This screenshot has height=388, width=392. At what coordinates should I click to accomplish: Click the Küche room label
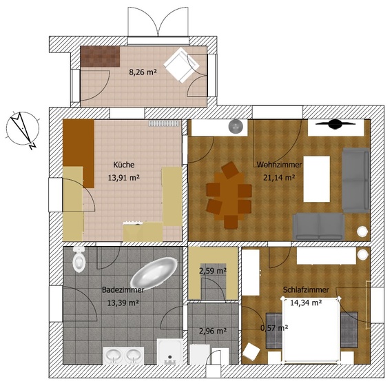pos(124,165)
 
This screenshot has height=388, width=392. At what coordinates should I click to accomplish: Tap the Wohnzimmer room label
pos(279,165)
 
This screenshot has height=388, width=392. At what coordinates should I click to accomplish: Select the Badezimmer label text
pos(123,289)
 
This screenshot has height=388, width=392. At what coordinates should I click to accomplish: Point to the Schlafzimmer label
pos(306,289)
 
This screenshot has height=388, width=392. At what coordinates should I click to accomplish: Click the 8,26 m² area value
pos(143,72)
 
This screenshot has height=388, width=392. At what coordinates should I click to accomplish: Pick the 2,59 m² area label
pos(213,271)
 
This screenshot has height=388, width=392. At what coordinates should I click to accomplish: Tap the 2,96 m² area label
pos(213,331)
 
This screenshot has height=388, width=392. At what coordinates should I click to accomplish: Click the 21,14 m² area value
pos(279,177)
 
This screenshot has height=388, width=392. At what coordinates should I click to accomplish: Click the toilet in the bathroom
pos(79,259)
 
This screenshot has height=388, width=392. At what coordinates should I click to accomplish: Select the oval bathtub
pos(154,272)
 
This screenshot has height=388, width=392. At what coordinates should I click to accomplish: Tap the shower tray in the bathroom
pos(170,351)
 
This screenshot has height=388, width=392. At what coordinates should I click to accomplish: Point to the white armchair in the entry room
pos(181,65)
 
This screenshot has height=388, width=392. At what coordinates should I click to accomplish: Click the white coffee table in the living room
pos(316,179)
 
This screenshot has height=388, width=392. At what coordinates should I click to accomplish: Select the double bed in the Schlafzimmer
pos(311,329)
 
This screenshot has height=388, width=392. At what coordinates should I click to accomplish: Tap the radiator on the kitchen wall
pos(164,123)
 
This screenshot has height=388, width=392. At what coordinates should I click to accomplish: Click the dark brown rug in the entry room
pos(101,57)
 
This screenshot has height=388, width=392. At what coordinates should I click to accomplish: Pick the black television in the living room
pos(336,124)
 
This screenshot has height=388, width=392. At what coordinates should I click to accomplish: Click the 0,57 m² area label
pos(274,327)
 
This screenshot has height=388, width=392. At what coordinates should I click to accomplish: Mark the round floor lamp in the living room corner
pos(362,231)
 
